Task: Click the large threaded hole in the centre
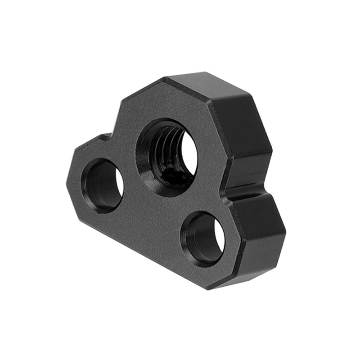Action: (x=167, y=156)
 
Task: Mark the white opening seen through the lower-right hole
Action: (x=220, y=237)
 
